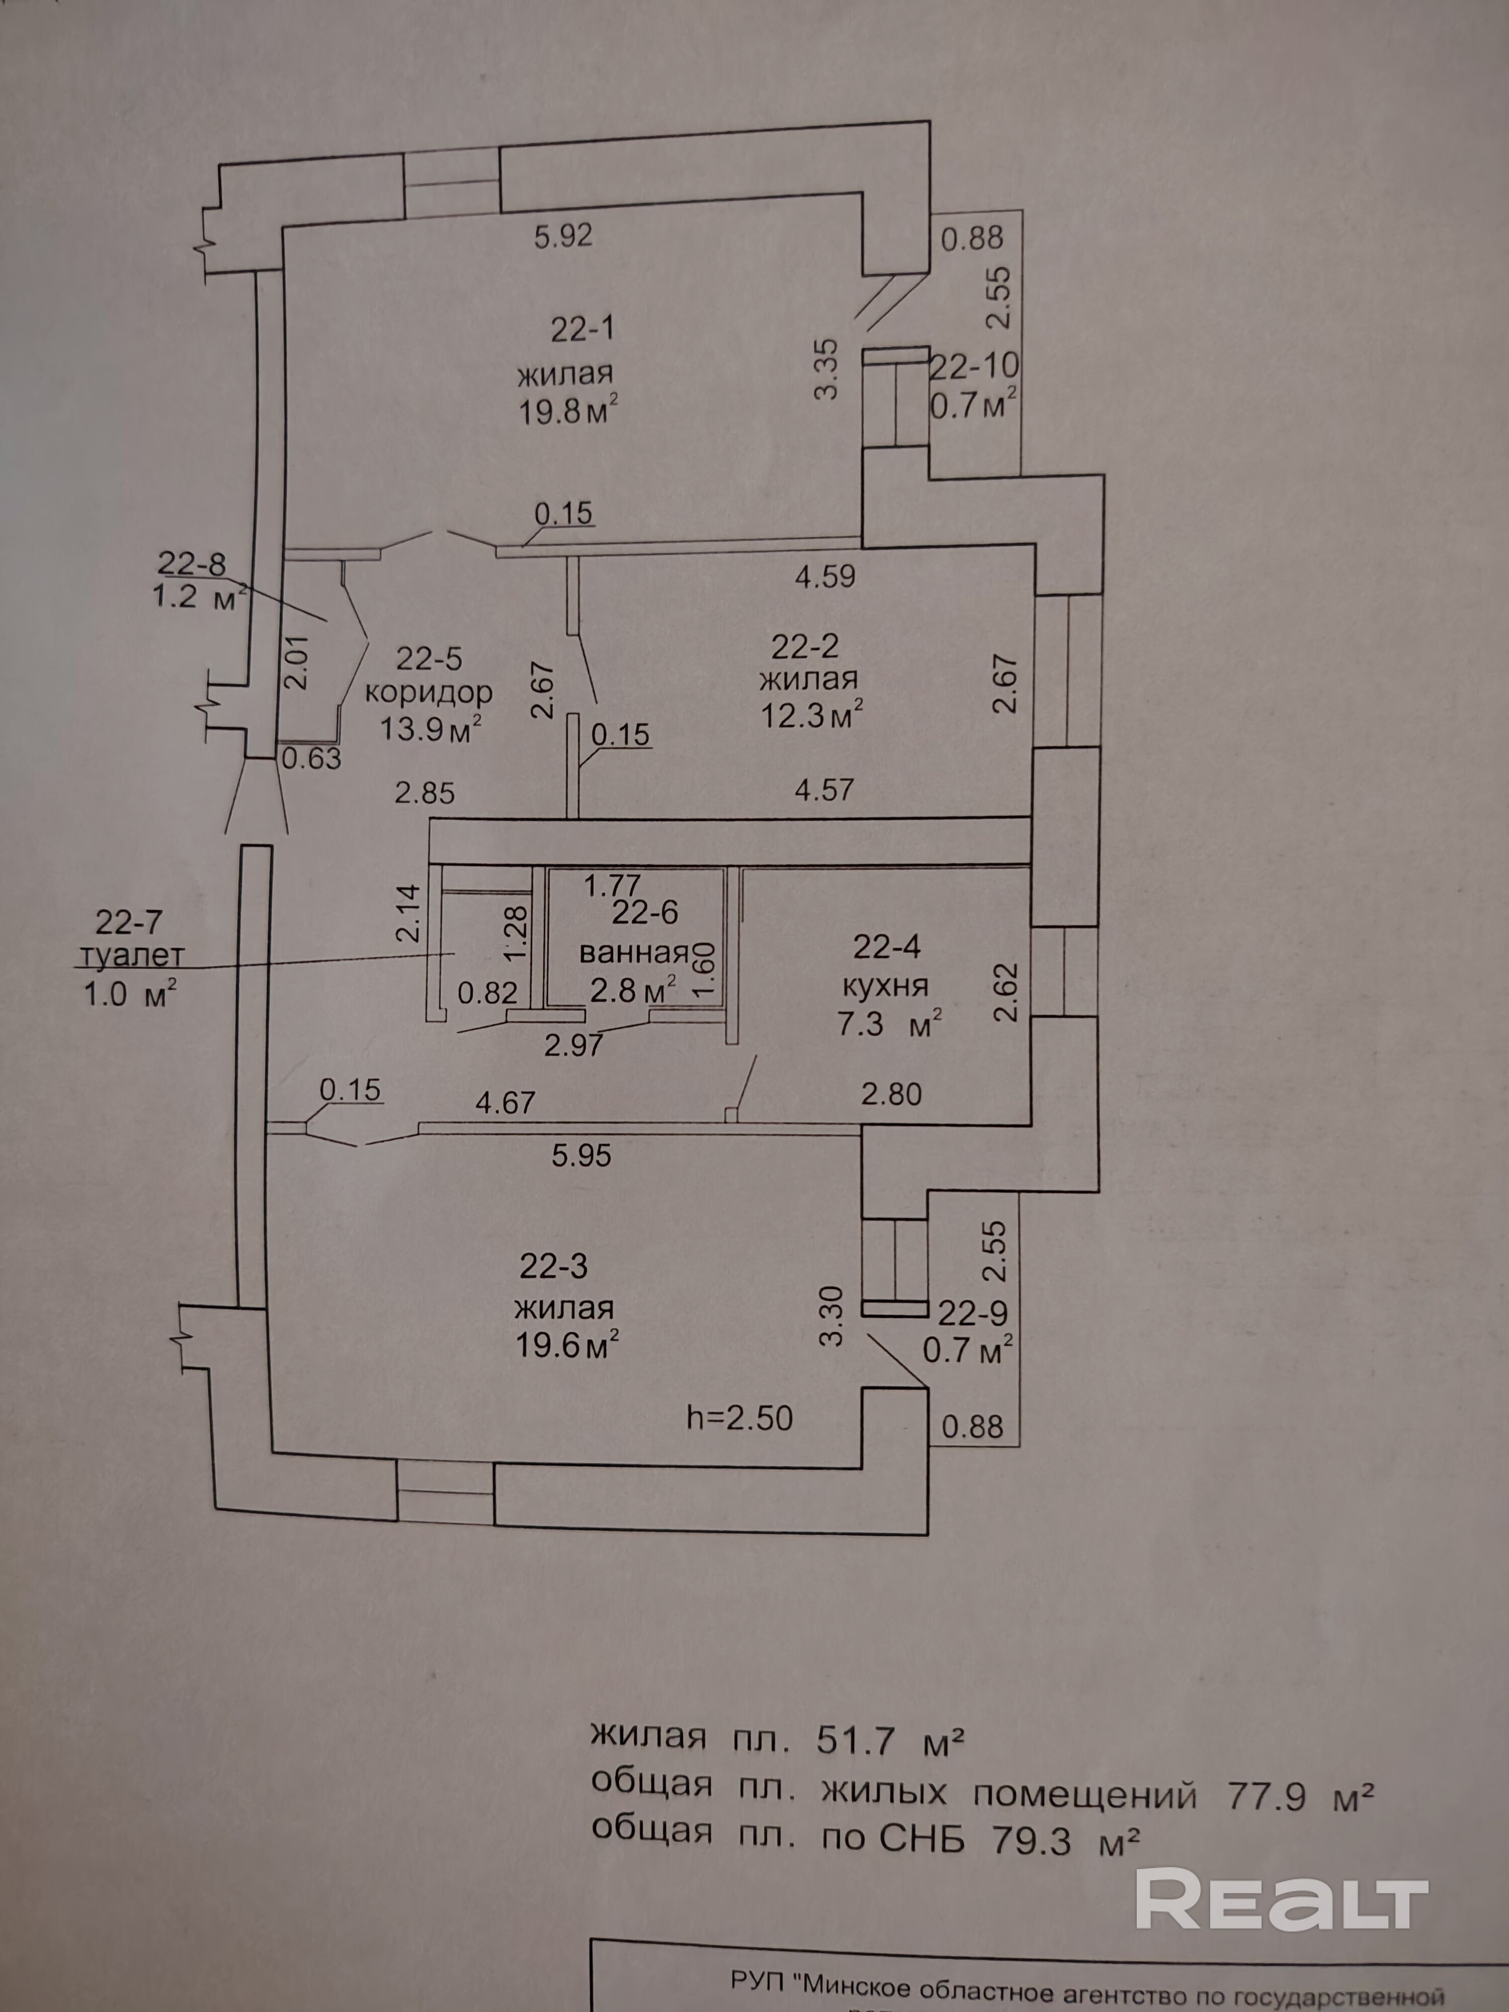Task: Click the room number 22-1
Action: coord(582,328)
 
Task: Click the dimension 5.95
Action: coord(582,1155)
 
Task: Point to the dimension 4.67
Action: coord(506,1103)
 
